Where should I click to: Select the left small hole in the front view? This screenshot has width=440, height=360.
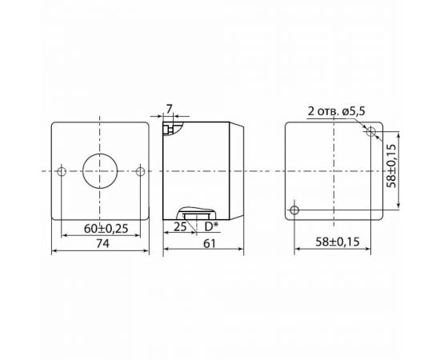pyautogui.click(x=62, y=170)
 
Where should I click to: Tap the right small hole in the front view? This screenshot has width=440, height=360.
pyautogui.click(x=139, y=170)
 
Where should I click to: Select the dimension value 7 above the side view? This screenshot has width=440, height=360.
pyautogui.click(x=169, y=107)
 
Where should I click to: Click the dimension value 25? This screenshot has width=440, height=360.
pyautogui.click(x=180, y=228)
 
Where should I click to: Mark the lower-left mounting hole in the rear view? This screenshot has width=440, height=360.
pyautogui.click(x=295, y=210)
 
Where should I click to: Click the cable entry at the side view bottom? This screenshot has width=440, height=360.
pyautogui.click(x=195, y=214)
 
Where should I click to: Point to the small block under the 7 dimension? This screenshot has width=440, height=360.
pyautogui.click(x=168, y=126)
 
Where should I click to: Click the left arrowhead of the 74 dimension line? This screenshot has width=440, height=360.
pyautogui.click(x=54, y=251)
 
